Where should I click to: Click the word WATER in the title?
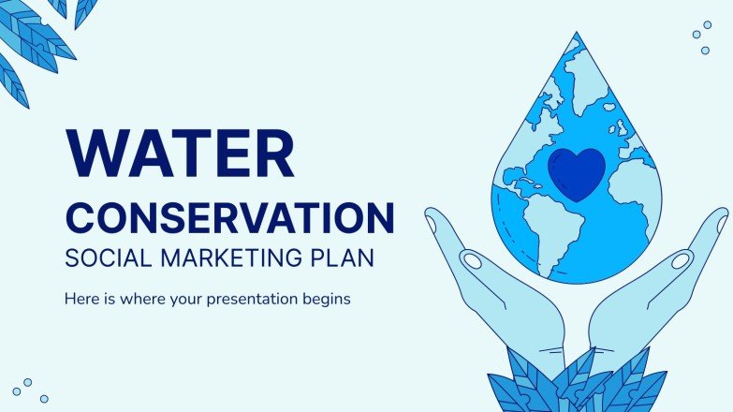tap(179, 154)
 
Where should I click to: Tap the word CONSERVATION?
tap(229, 218)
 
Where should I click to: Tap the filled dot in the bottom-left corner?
tap(16, 390)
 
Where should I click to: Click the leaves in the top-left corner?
tap(37, 37)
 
